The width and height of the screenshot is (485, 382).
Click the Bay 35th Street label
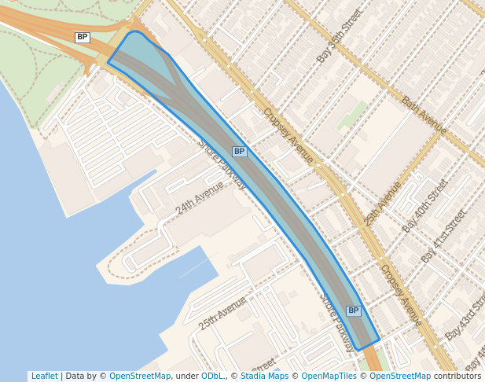click(340, 36)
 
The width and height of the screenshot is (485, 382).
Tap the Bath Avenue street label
click(424, 115)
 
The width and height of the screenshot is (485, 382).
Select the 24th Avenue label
click(200, 197)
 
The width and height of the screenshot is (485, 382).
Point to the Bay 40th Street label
click(425, 206)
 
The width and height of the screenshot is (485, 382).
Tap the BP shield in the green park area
click(83, 37)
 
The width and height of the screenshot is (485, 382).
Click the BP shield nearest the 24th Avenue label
click(240, 152)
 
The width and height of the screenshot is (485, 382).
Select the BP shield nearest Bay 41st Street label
click(354, 311)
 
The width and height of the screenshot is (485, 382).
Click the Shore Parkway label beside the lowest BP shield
click(336, 321)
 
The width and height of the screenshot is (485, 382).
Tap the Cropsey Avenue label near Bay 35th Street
click(288, 135)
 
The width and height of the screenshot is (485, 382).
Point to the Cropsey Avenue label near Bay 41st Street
click(400, 295)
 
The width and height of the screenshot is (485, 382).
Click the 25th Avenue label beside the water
click(222, 313)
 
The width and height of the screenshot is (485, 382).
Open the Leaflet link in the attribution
click(45, 376)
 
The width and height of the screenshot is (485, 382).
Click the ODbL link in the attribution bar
click(212, 376)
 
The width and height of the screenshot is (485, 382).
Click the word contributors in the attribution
click(457, 376)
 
